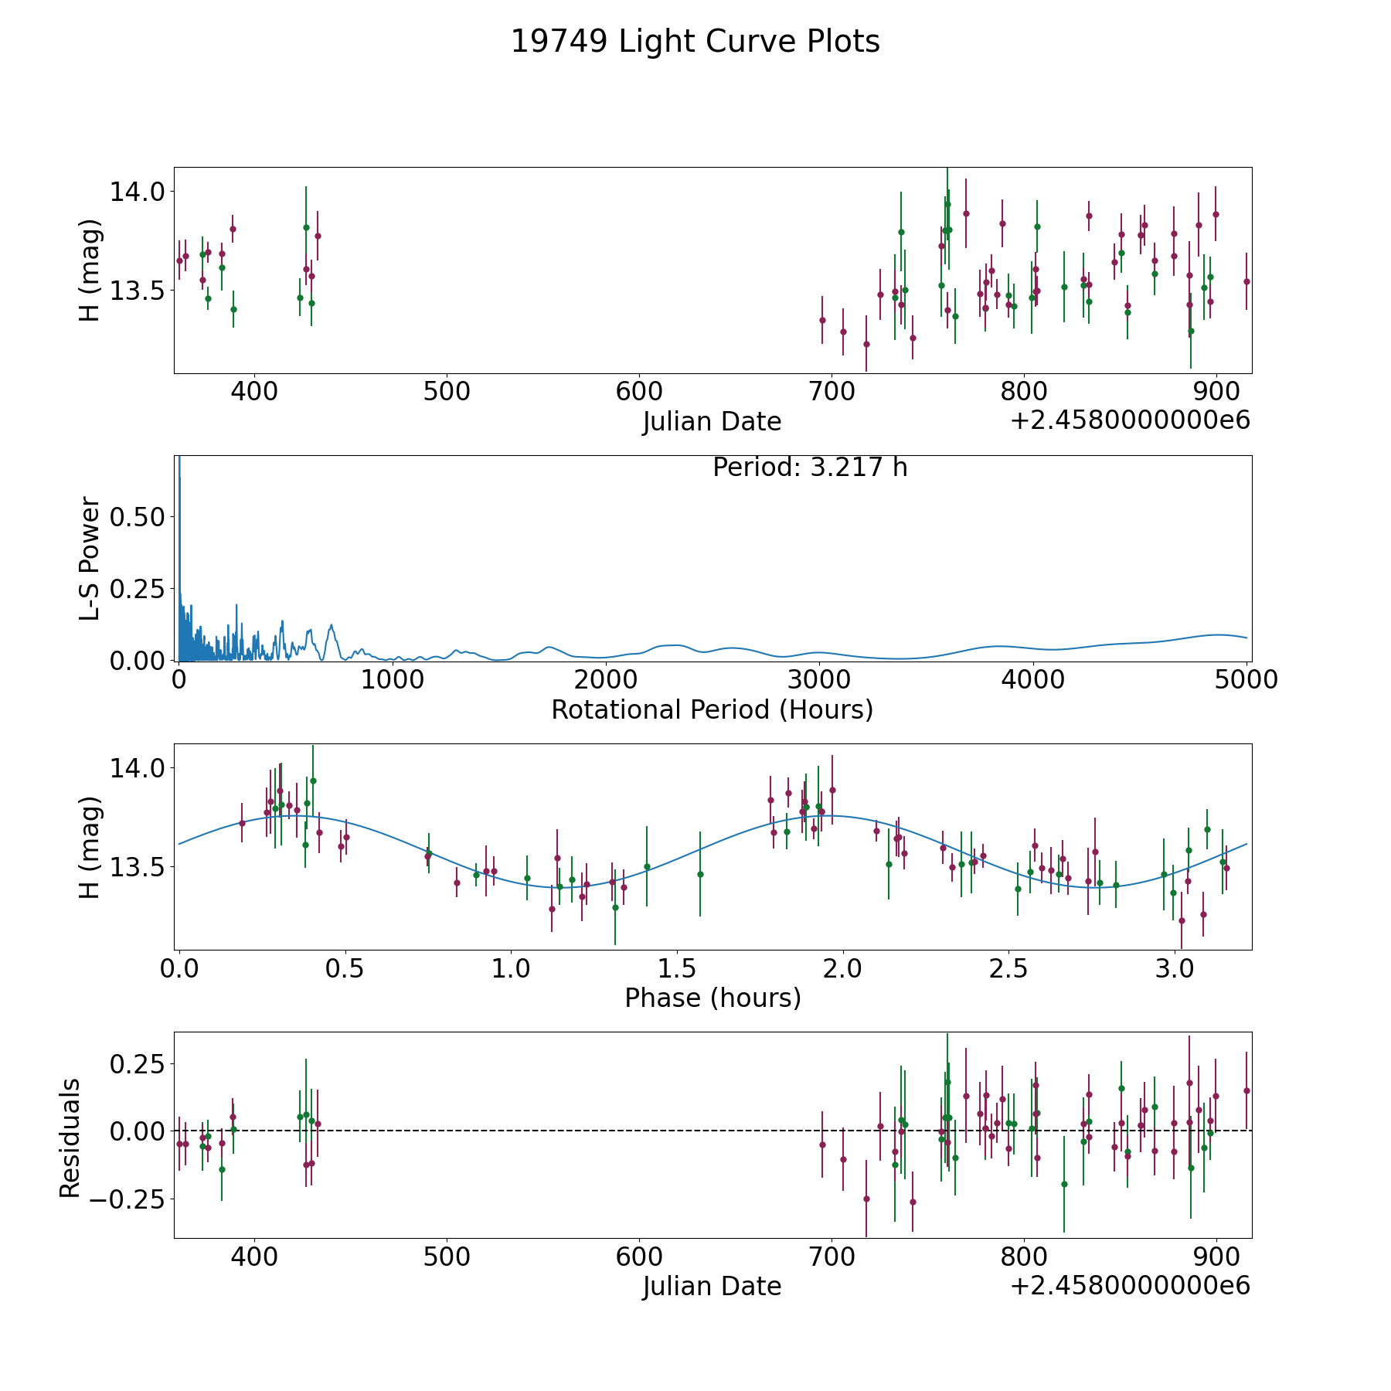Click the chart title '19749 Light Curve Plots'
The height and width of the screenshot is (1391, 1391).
tap(695, 42)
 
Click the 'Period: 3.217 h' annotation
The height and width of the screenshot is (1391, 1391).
tap(810, 468)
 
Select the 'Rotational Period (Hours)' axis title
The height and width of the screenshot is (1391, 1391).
tap(713, 709)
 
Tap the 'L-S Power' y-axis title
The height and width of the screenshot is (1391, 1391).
tap(90, 558)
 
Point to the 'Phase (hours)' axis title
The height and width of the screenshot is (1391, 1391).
tap(713, 998)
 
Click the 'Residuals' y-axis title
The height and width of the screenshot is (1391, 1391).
tap(70, 1138)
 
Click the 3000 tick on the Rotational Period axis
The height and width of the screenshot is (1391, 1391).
tap(819, 680)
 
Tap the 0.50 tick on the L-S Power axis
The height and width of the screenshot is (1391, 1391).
tap(137, 516)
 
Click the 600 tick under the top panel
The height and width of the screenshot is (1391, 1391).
tap(639, 392)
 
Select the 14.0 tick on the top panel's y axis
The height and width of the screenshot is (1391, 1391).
tap(137, 192)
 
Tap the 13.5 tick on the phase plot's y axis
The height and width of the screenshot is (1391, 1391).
tap(137, 867)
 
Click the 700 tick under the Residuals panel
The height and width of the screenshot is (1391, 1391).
tap(832, 1257)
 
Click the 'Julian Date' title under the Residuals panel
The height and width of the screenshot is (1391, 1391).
tap(713, 1286)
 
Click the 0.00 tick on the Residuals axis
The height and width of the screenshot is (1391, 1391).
tap(137, 1131)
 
